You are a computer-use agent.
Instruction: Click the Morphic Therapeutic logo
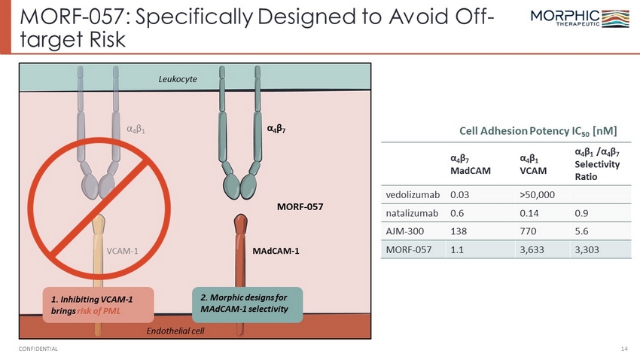(580, 18)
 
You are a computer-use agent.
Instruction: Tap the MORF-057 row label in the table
(409, 249)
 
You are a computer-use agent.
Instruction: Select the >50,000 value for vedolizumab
(537, 195)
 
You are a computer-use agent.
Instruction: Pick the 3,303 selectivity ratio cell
(587, 249)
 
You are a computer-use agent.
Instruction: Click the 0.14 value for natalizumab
(529, 213)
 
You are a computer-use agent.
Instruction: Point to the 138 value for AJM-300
(459, 231)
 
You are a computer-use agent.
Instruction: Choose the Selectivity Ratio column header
(597, 164)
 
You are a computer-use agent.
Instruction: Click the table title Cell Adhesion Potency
(538, 131)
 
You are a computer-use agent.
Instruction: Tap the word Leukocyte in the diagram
(178, 79)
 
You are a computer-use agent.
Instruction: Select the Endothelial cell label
(175, 331)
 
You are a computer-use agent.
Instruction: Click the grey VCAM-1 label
(123, 251)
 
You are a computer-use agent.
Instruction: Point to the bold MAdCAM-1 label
(276, 251)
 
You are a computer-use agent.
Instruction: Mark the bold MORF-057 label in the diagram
(300, 206)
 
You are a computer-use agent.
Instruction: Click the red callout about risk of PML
(99, 305)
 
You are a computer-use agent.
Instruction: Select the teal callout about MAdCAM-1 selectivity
(248, 305)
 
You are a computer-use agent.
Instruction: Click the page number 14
(624, 349)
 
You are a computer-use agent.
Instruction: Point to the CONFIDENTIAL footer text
(38, 349)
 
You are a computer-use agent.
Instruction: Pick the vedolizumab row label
(413, 195)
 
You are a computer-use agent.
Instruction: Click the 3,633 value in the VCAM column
(532, 249)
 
